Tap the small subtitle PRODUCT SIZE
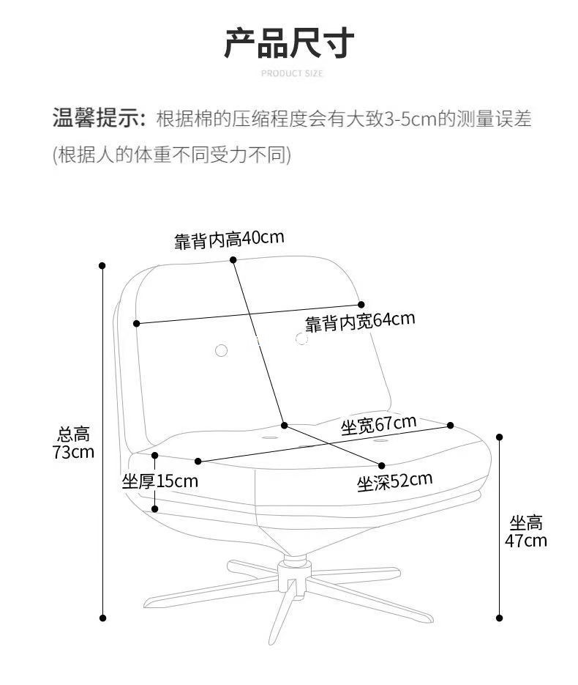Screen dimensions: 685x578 point(291,73)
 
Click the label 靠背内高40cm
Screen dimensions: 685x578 point(229,239)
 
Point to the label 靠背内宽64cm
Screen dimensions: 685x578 point(359,321)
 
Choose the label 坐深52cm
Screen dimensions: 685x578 point(394,481)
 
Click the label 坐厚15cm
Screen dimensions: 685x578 point(159,481)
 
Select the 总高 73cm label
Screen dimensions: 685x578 point(73,443)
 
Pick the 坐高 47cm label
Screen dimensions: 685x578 point(526,532)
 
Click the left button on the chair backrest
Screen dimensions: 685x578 point(221,351)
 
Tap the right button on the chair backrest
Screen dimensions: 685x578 point(301,338)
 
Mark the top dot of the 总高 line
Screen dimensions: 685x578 point(102,266)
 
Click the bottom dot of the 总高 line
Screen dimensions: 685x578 point(102,618)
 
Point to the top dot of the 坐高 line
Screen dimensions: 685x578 point(500,437)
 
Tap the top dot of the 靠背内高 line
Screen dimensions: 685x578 point(233,259)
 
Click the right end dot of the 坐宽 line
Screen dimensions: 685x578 point(451,425)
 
